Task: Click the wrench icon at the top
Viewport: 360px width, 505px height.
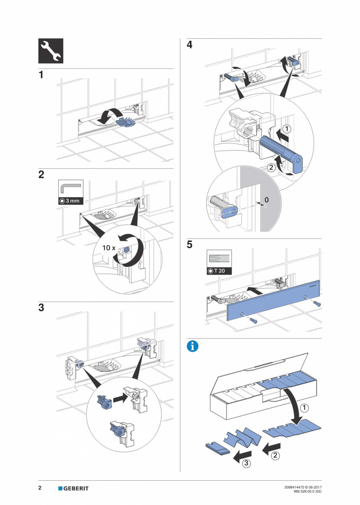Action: tap(50, 51)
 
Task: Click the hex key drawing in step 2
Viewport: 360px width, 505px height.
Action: tap(70, 189)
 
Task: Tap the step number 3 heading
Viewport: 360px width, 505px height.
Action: tap(41, 308)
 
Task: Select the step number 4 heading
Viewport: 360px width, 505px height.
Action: tap(189, 45)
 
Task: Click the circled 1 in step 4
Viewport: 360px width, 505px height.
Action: tap(287, 129)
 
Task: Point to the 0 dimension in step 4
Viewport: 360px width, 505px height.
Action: tap(266, 200)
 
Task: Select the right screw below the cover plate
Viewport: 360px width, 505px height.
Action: tap(317, 304)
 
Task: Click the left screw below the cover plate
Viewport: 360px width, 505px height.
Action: tap(253, 320)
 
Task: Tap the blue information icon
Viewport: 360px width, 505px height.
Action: tap(193, 346)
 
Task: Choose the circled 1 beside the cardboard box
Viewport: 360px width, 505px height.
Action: tap(304, 408)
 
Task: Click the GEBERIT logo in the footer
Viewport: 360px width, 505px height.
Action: tap(73, 488)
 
